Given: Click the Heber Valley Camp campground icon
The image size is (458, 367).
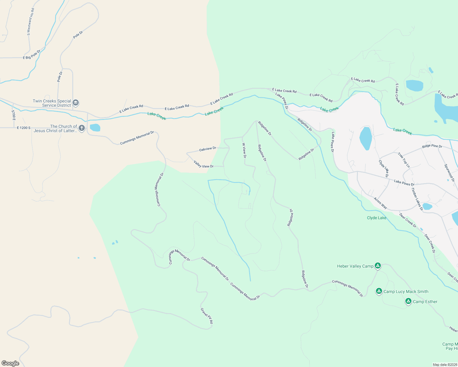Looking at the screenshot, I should tap(378, 265).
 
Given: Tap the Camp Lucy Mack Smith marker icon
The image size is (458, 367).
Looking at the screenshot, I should tap(379, 291).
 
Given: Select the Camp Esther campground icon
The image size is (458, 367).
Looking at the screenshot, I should tap(408, 301).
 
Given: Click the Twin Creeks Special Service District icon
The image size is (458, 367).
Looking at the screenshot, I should tap(76, 102).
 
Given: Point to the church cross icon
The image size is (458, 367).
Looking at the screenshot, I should tap(82, 128).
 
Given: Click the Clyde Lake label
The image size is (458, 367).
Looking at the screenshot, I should tap(377, 218).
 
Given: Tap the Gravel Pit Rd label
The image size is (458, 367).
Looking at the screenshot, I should tap(207, 316).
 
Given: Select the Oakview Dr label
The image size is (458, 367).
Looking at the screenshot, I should tap(208, 149).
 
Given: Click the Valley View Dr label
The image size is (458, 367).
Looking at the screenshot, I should tap(204, 164).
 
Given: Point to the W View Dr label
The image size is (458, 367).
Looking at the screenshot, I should tap(244, 150).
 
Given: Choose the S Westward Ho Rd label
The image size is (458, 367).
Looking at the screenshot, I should tap(31, 22).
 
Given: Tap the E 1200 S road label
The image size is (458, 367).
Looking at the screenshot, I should tap(24, 128).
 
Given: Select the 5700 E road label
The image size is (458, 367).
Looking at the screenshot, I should tap(13, 115).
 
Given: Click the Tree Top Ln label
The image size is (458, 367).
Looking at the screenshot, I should tap(404, 160).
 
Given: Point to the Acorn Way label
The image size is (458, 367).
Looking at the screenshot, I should tap(380, 203).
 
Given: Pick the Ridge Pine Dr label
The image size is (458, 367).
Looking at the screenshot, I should tap(432, 146).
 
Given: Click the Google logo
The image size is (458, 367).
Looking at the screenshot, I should tap(10, 363).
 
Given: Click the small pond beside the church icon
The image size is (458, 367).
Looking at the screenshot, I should tap(95, 128).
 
